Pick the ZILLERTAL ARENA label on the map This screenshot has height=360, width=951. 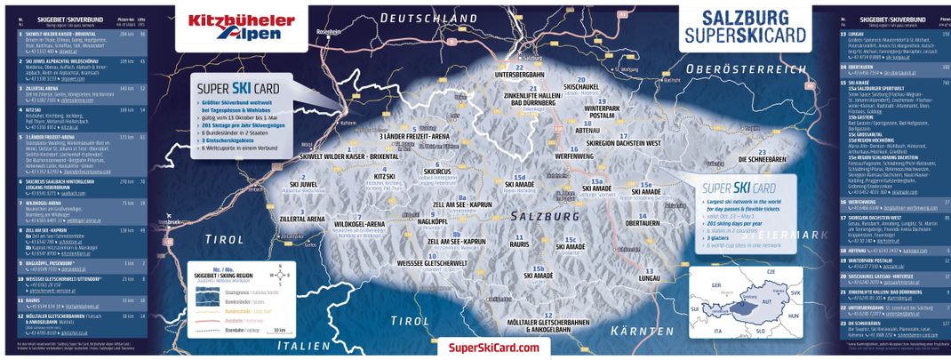click(x=302, y=218)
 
